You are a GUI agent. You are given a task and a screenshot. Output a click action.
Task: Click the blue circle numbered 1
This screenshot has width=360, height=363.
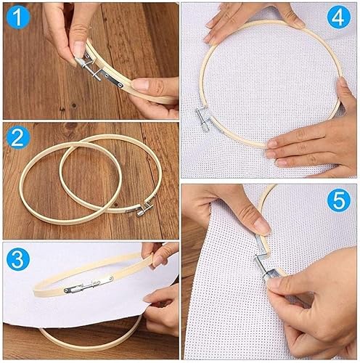coord(18,17)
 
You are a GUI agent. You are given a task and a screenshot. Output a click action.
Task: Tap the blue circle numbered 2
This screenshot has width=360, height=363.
coord(18,138)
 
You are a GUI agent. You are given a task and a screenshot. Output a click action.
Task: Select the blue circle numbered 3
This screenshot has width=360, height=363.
coord(18,258)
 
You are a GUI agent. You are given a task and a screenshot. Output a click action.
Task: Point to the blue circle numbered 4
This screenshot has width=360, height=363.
coord(339,17)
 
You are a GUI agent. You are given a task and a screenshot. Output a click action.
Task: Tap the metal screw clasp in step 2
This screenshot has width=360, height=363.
coord(143,209)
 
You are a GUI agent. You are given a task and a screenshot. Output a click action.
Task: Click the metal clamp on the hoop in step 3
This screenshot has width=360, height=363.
coord(89,285)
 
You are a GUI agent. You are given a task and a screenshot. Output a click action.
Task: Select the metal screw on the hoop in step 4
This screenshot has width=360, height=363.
coord(202,118)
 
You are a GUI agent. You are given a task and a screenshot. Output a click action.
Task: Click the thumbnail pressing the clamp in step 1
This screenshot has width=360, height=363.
coord(79,49)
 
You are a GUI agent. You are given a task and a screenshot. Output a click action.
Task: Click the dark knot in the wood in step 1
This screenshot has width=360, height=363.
coord(74,105)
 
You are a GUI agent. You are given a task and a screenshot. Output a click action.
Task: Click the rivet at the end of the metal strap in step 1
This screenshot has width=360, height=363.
coord(120,84)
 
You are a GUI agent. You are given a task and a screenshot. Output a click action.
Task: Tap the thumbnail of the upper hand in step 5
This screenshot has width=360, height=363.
coord(262,227)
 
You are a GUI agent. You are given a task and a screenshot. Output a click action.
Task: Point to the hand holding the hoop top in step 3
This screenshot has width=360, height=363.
coord(160,254)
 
